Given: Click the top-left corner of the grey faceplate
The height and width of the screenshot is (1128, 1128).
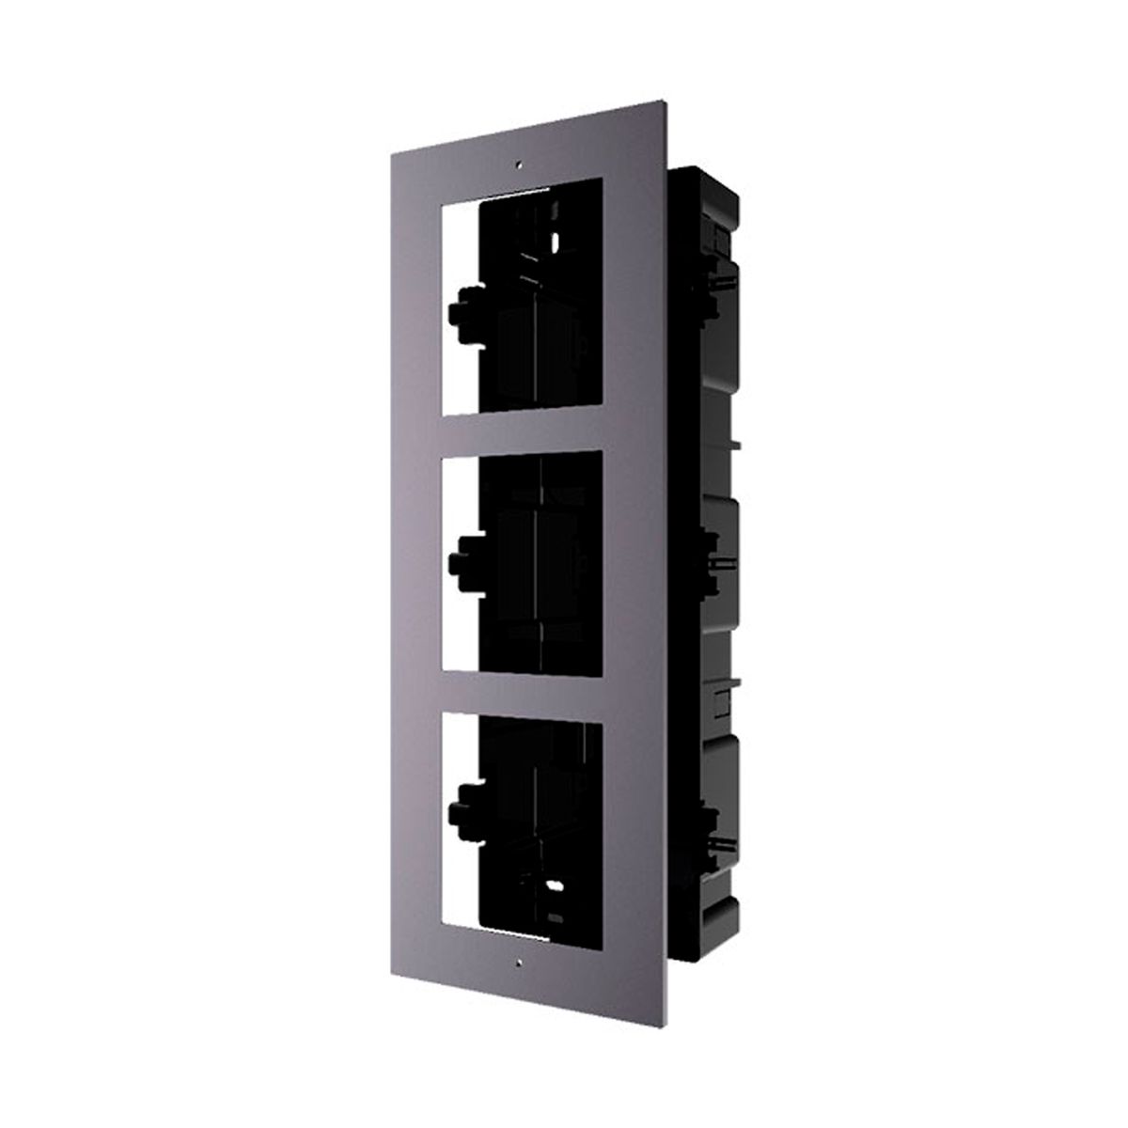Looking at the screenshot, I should (384, 133).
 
